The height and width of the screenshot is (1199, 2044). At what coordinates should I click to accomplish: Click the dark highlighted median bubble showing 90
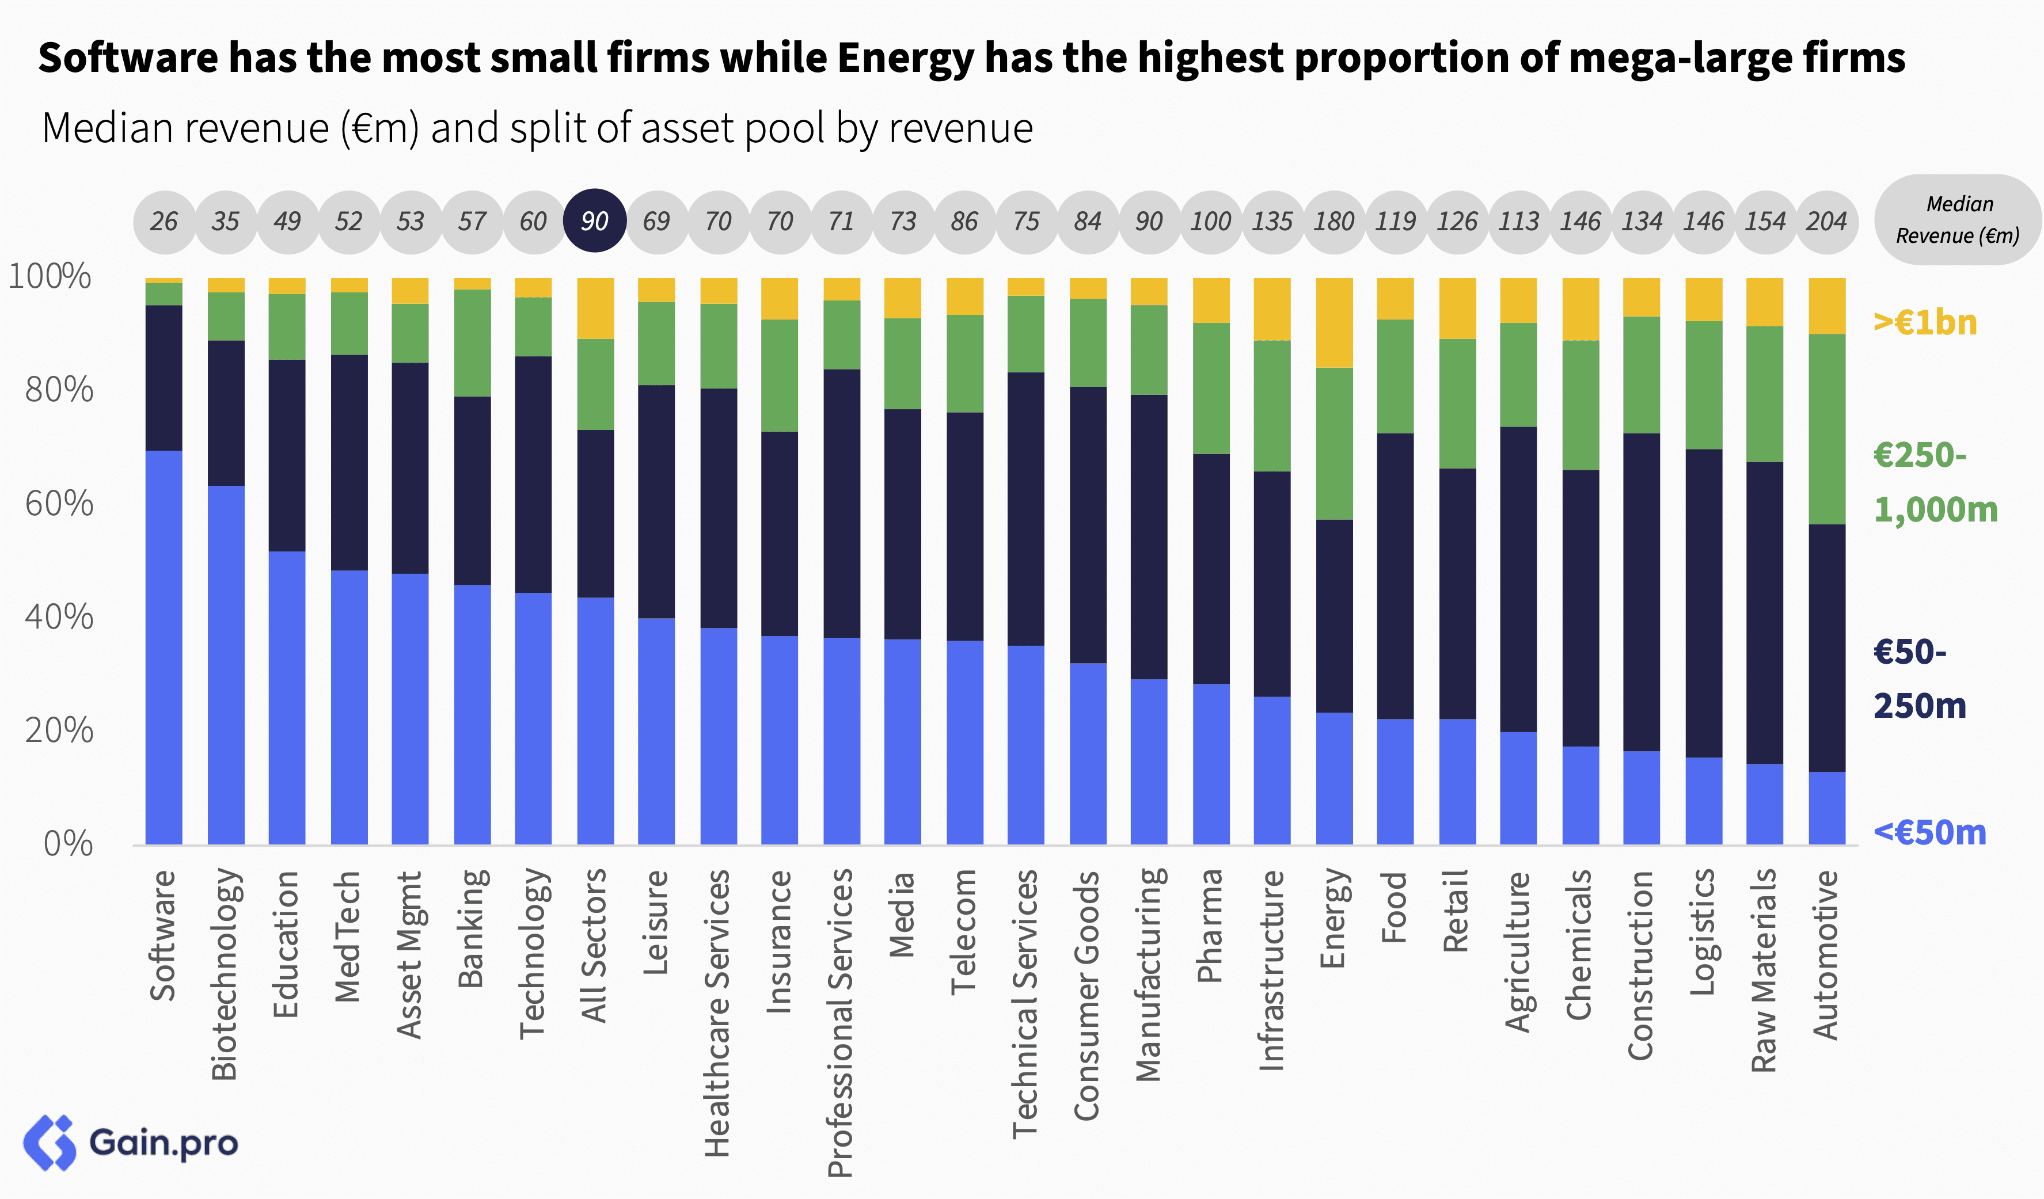coord(595,220)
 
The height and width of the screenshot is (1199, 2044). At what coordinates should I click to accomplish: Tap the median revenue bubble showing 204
coord(1826,220)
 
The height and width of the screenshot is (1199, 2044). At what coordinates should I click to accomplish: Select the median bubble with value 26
coord(164,220)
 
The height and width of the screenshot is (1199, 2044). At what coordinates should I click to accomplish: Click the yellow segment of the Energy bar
coord(1333,323)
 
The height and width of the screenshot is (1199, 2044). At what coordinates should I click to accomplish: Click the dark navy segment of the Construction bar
coord(1641,592)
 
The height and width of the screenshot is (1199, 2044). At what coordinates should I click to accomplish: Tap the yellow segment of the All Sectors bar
coord(595,308)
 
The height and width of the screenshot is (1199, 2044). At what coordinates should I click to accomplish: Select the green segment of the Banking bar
coord(472,342)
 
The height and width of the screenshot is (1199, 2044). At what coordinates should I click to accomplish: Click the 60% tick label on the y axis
coord(58,504)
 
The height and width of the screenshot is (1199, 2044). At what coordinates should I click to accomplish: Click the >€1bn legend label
coord(1925,323)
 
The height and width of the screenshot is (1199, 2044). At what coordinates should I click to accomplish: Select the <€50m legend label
coord(1929,832)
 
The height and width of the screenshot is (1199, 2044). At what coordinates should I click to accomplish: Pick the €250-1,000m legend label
coord(1935,482)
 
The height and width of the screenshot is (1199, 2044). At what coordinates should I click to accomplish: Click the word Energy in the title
coord(905,58)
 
